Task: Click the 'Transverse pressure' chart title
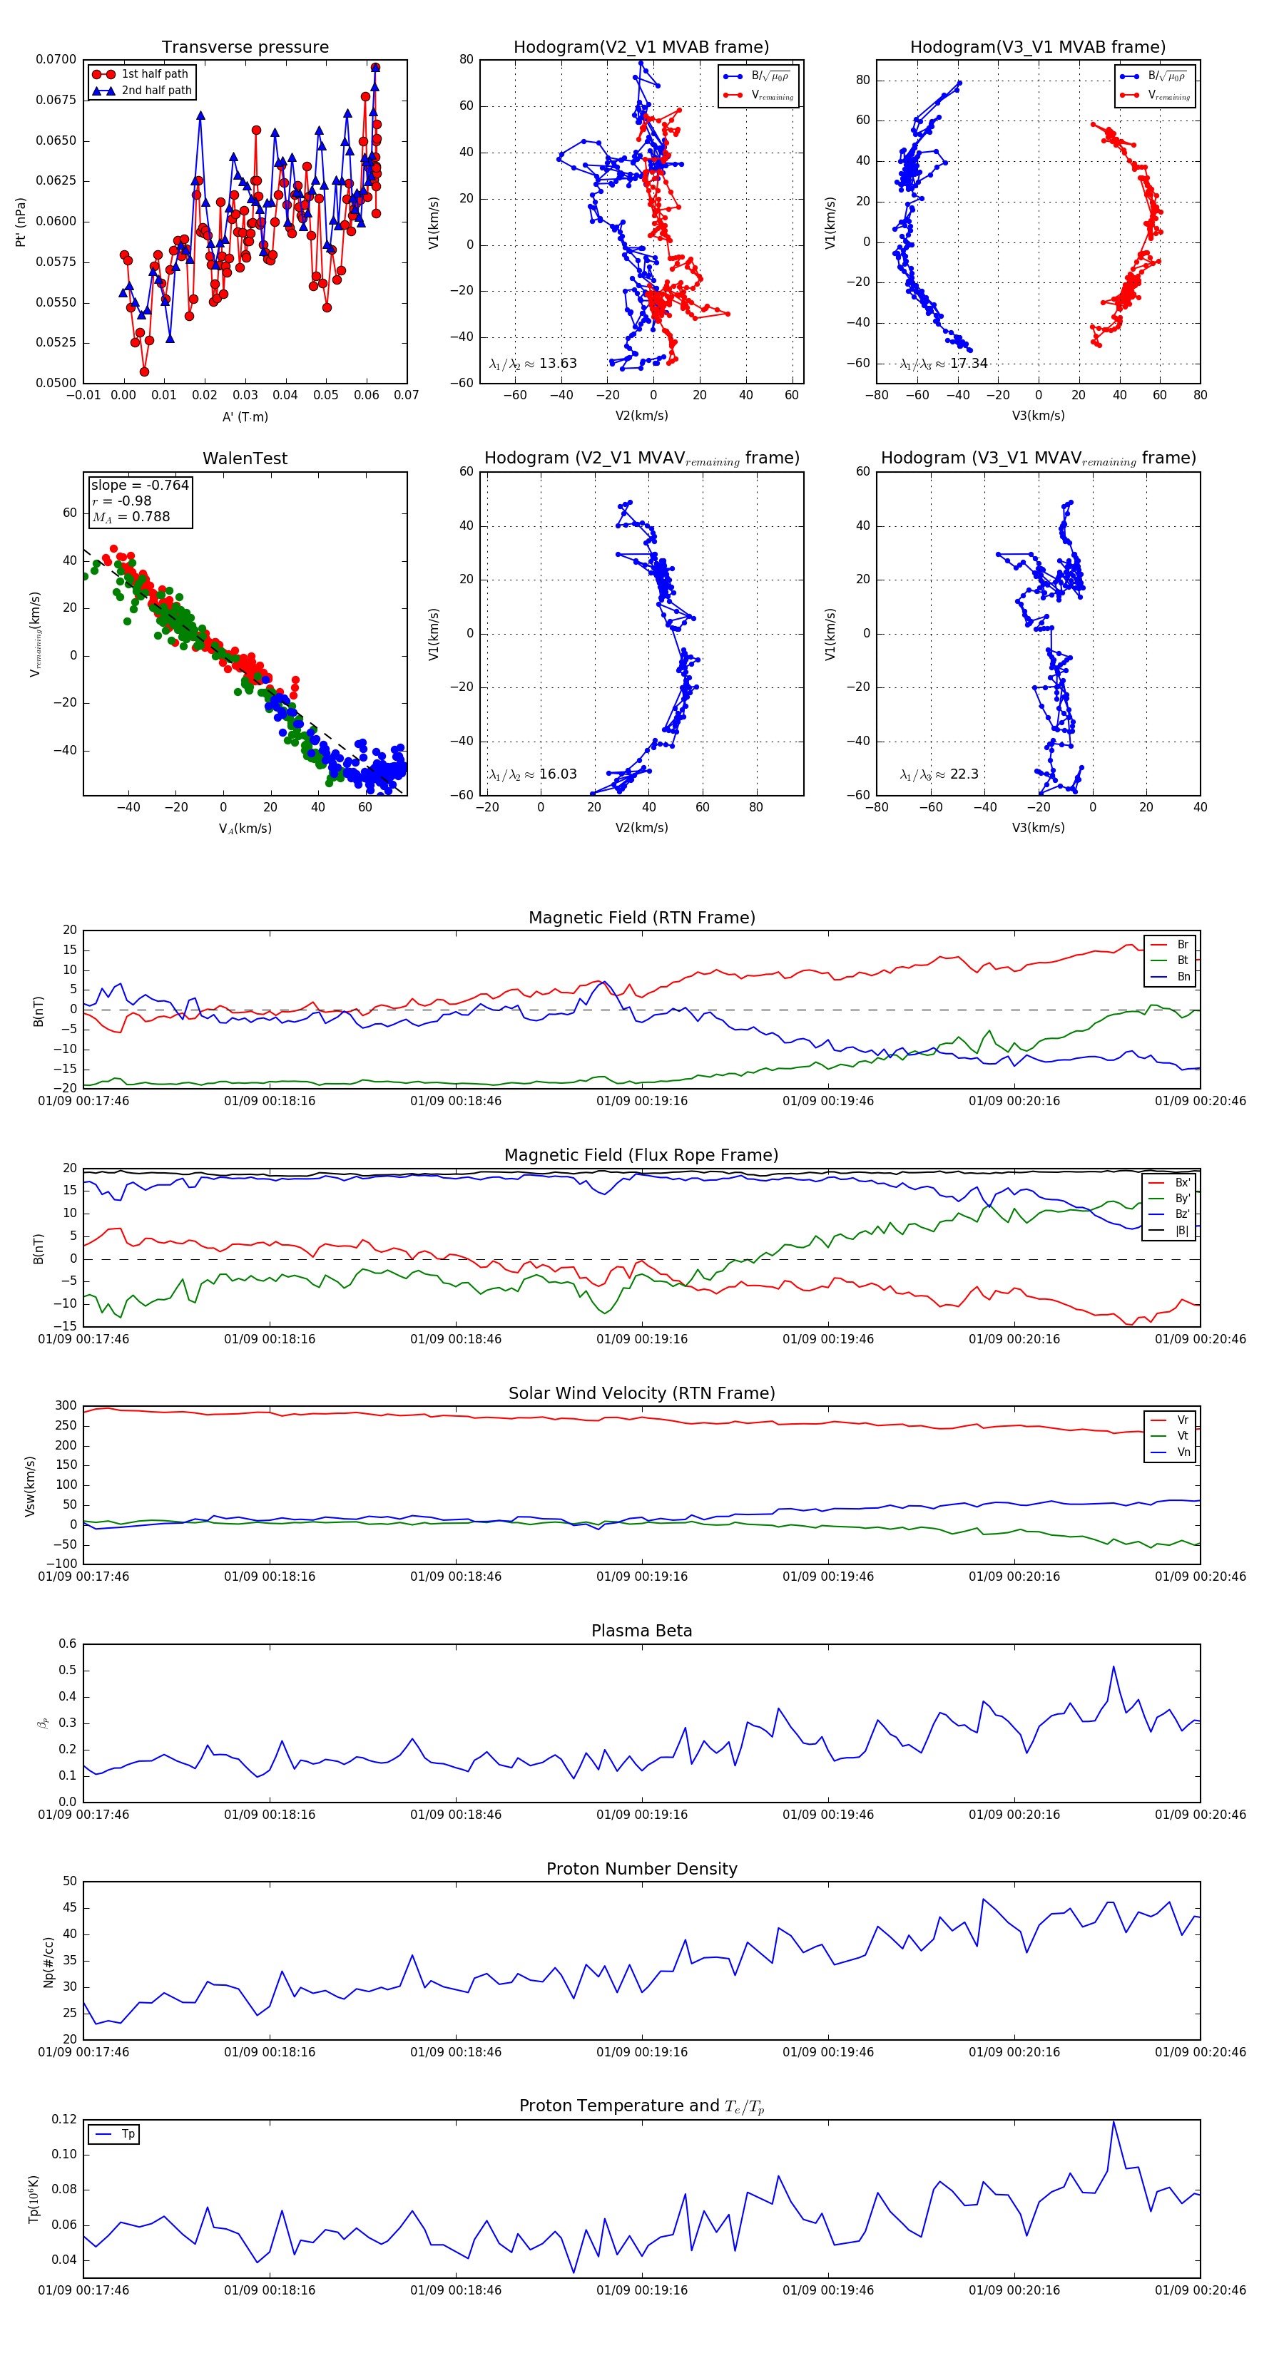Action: (245, 48)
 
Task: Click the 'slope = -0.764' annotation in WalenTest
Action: (140, 485)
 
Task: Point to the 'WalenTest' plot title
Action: (245, 458)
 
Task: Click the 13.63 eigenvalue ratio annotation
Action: (533, 364)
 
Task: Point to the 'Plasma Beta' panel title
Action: (641, 1631)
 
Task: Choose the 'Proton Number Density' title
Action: (641, 1869)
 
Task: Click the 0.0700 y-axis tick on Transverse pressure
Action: (56, 59)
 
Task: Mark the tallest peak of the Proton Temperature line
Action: (1113, 2121)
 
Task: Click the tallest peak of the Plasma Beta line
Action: (1113, 1667)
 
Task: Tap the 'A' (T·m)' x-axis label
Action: (245, 417)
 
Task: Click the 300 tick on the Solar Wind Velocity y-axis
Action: (66, 1406)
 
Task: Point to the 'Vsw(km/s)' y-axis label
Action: (30, 1486)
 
